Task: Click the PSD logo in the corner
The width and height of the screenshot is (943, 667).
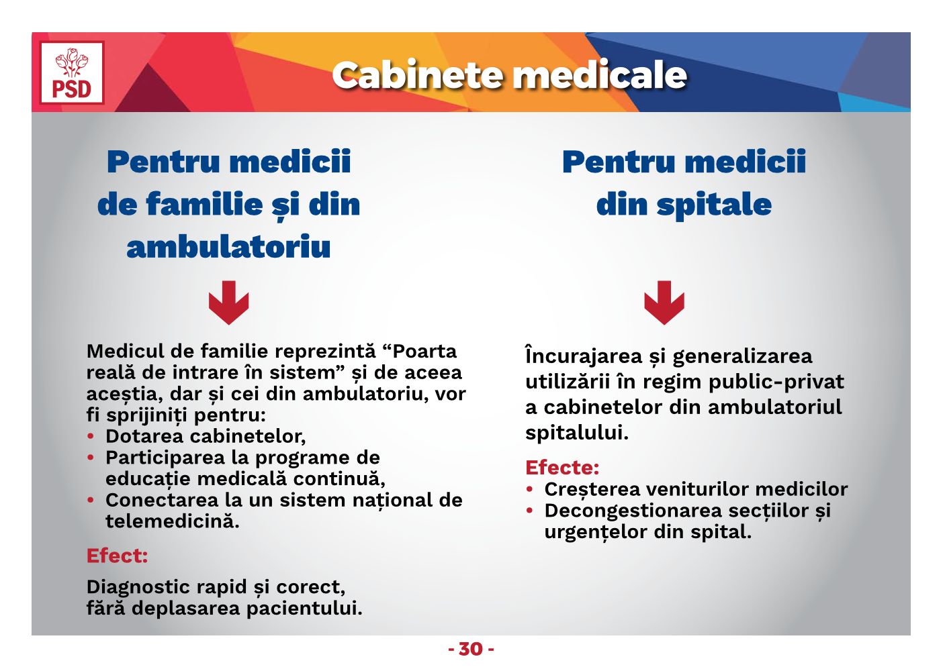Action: coord(72,72)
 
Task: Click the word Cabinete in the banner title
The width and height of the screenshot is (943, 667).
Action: coord(418,75)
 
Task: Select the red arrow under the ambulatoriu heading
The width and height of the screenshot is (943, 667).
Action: coord(228,303)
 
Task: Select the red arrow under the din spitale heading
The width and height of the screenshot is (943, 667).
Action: coord(664,303)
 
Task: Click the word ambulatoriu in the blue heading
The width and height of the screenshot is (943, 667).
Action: coord(228,247)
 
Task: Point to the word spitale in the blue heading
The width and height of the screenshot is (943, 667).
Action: coord(714,205)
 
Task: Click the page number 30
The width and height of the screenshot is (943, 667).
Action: coord(471,649)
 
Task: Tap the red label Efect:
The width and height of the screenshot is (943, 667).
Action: coord(117,556)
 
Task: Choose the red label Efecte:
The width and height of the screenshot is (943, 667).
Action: coord(562,467)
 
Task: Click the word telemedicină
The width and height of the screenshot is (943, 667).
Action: coord(172,521)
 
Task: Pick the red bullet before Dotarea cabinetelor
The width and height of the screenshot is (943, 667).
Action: coord(90,436)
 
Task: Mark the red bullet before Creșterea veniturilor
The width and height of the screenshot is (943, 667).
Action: coord(529,489)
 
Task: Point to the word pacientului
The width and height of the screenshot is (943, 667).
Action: coord(304,608)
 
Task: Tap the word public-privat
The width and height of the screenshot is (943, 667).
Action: coord(776,382)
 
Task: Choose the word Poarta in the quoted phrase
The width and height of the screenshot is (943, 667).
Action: coord(424,351)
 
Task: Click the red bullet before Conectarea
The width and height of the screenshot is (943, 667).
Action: coord(90,500)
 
